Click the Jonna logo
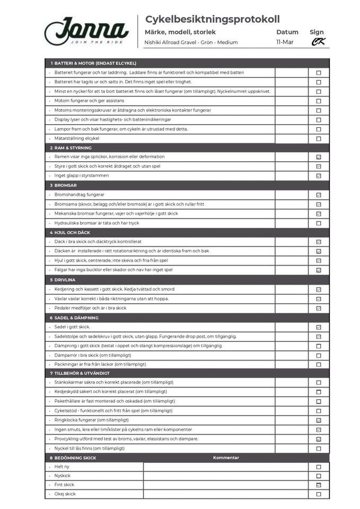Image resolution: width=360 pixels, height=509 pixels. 86,31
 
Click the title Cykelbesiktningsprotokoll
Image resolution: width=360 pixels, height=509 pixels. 212,19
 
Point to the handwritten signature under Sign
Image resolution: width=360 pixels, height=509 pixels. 318,42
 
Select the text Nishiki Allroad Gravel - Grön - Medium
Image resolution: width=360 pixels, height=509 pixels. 191,42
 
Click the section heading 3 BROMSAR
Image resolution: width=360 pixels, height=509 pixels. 65,186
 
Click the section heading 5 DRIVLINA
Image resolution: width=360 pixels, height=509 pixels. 65,279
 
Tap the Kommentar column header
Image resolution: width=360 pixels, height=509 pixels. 226,458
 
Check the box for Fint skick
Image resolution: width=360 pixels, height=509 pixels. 319,485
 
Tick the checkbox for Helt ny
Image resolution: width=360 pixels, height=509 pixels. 319,467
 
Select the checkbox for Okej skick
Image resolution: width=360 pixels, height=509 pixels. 319,494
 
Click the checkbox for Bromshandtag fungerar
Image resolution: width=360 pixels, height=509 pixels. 319,195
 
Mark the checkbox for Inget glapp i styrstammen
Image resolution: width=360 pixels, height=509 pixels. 319,176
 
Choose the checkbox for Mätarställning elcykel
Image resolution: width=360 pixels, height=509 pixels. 319,139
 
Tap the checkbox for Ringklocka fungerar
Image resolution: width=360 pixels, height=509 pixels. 319,420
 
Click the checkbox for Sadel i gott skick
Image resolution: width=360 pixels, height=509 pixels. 319,327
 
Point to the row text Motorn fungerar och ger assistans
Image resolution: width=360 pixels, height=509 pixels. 89,101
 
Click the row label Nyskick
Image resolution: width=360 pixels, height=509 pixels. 63,476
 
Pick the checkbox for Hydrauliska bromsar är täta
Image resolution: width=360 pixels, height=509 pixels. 319,223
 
